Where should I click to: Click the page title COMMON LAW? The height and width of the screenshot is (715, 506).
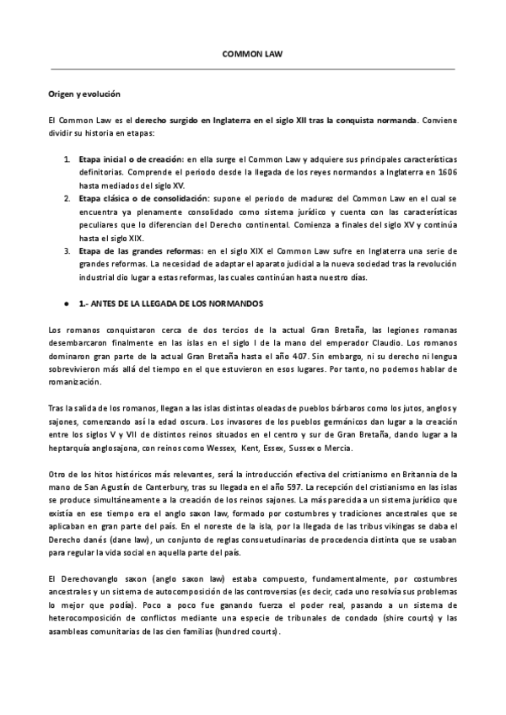point(252,53)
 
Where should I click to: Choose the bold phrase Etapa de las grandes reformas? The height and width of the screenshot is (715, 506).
point(140,250)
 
